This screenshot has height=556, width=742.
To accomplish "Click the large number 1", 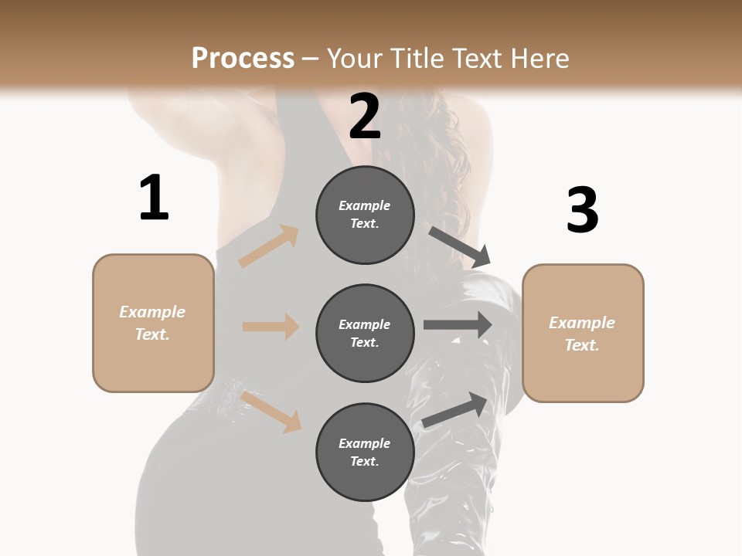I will [x=154, y=198].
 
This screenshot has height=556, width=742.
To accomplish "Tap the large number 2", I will [x=365, y=117].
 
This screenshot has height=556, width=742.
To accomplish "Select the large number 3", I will [x=582, y=211].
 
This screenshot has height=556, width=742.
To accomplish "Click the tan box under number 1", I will [x=153, y=323].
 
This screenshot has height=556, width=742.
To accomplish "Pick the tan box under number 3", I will [x=583, y=333].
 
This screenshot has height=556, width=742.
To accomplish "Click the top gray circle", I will [x=365, y=215].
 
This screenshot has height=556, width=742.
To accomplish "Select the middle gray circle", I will [x=365, y=333].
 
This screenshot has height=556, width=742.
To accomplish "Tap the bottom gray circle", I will [x=365, y=452].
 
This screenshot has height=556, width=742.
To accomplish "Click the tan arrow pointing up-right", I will [x=269, y=246].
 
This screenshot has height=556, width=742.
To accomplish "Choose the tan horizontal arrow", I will [x=271, y=327].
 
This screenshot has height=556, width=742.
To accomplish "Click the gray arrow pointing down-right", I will [x=461, y=246].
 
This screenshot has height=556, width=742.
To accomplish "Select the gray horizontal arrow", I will [x=458, y=325].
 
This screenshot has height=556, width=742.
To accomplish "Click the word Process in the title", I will [x=243, y=58].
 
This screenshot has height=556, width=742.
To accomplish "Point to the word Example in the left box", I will [x=152, y=312].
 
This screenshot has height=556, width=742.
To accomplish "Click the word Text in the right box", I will [x=580, y=345].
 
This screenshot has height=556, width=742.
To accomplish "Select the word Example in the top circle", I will [x=365, y=205].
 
